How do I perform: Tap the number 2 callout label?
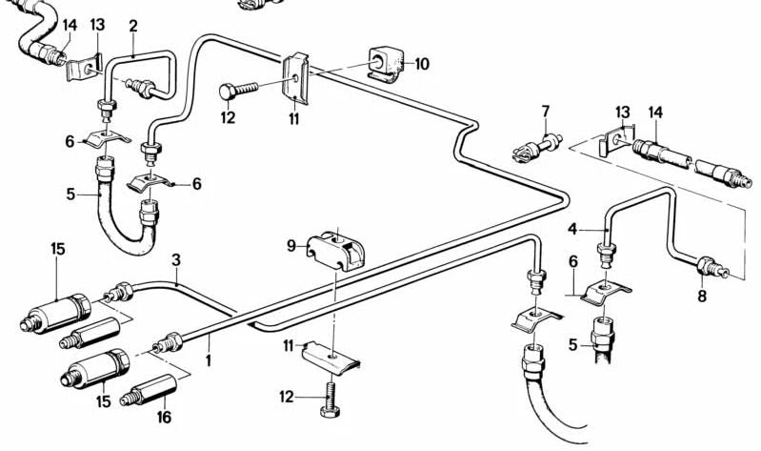click(x=133, y=26)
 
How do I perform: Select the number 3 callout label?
click(x=176, y=260)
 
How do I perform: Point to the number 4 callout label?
click(x=572, y=229)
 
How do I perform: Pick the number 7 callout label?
click(x=546, y=112)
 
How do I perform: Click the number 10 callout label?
click(x=422, y=64)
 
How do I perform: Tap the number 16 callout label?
click(x=163, y=417)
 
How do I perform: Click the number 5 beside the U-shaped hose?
click(x=70, y=194)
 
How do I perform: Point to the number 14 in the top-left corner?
click(x=70, y=26)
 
